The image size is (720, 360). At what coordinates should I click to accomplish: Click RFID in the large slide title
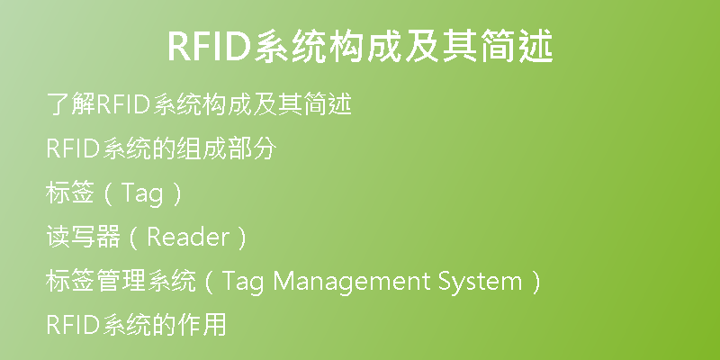coord(210,47)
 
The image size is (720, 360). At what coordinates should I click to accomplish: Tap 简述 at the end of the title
coord(516,46)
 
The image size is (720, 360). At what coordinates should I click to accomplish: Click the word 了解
coord(71,104)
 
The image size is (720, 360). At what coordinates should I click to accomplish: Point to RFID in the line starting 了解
coord(123,104)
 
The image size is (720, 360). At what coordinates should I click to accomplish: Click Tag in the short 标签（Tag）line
coord(141,194)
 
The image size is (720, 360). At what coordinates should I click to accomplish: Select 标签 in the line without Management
coord(70,193)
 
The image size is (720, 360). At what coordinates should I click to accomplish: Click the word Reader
coord(188,238)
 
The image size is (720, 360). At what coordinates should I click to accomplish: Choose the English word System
coord(481,282)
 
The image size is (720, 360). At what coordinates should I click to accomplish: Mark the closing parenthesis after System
coord(535,282)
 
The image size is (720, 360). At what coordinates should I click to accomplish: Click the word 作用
coord(202,325)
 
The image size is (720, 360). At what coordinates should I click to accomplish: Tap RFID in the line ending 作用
coord(73,326)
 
